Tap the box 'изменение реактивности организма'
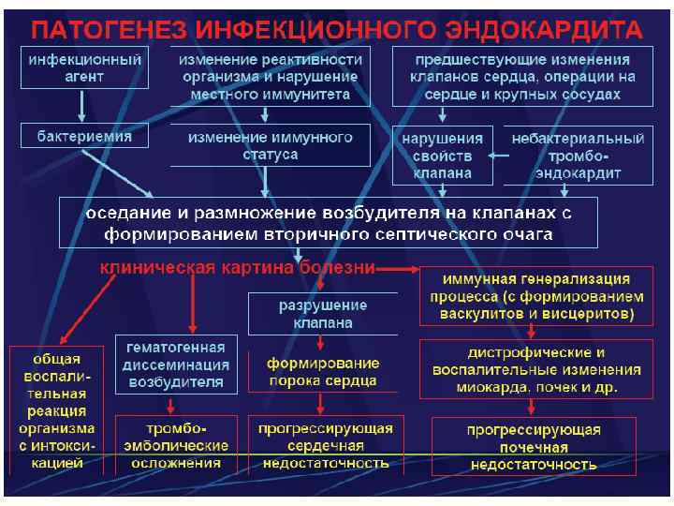270,76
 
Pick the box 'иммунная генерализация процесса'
537,297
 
